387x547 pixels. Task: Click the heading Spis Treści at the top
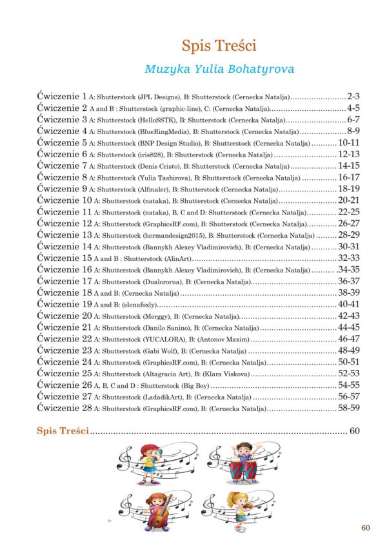pyautogui.click(x=219, y=46)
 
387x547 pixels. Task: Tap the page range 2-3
pyautogui.click(x=357, y=95)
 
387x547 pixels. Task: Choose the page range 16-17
pyautogui.click(x=349, y=177)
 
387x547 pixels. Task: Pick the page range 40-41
pyautogui.click(x=349, y=304)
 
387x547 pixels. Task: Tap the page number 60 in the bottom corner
pyautogui.click(x=366, y=528)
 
